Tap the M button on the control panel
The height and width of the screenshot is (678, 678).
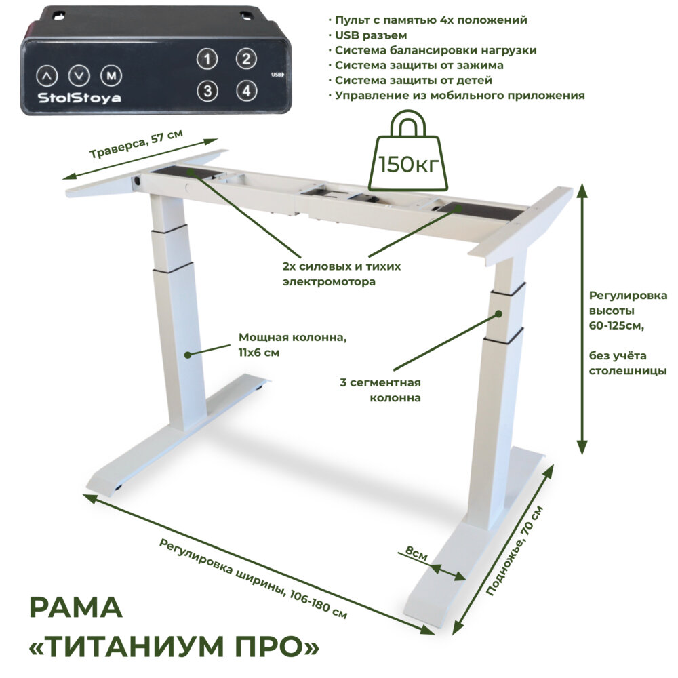point(111,75)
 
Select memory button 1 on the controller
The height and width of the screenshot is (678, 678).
point(208,59)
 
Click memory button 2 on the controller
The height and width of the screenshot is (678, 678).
point(245,59)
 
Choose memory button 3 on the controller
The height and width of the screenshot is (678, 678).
point(208,89)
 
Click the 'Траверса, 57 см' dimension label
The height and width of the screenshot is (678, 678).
point(136,144)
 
